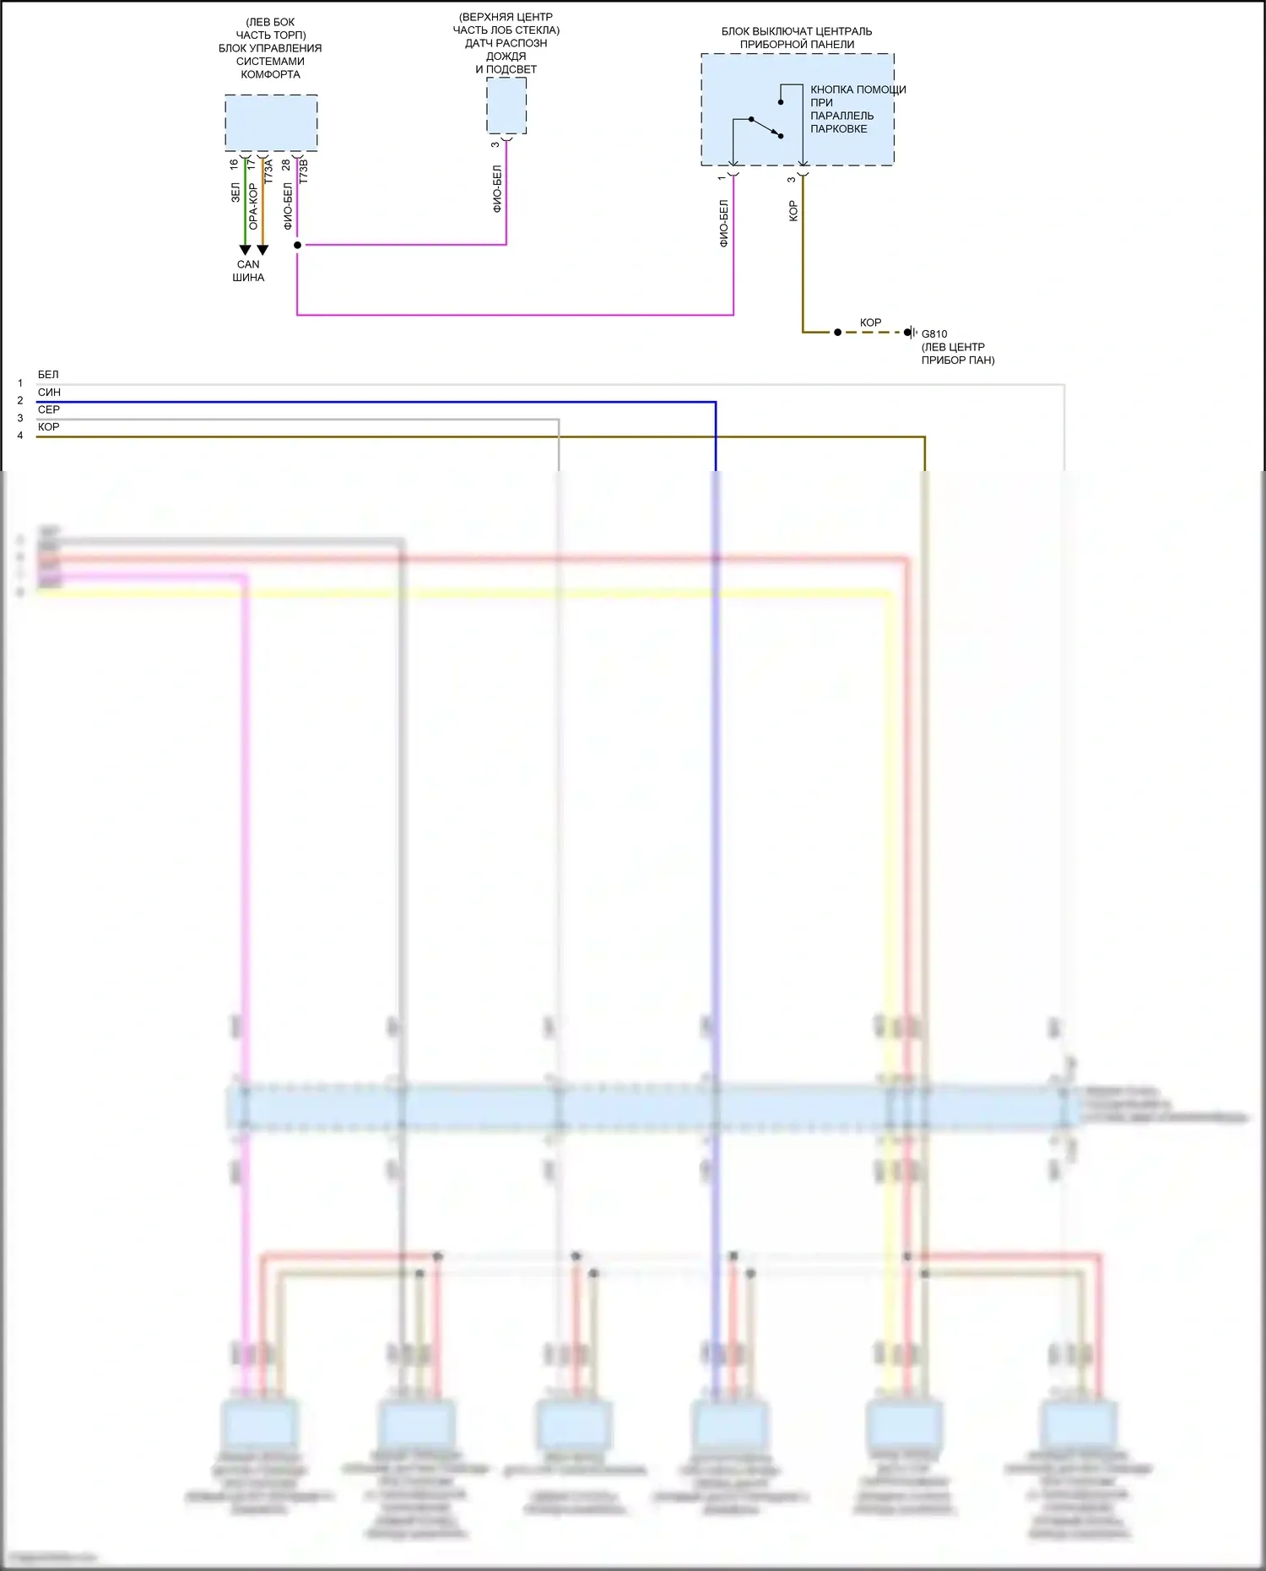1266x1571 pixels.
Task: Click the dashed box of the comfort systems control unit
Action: coord(271,123)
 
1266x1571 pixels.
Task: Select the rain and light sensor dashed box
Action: coord(506,106)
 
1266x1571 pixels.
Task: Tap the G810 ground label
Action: coord(934,333)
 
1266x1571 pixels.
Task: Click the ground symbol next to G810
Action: coord(911,333)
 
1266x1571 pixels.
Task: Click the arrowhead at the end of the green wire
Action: coord(245,250)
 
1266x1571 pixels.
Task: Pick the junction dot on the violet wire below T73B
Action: coord(297,245)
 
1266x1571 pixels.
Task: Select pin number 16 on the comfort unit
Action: coord(234,164)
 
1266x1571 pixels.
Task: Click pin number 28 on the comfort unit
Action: coord(286,164)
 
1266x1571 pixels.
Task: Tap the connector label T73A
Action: coord(268,172)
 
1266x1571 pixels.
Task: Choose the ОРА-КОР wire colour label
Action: coord(253,207)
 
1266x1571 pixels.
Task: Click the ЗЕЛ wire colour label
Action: coord(235,193)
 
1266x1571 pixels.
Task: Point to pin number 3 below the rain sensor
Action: coord(495,144)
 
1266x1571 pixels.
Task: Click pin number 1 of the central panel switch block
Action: coord(722,177)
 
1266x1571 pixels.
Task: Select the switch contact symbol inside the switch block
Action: coord(766,127)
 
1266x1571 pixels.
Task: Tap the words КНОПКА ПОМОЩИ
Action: coord(858,89)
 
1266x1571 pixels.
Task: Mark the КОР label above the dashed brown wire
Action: coord(870,322)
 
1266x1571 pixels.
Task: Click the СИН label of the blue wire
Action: coord(49,393)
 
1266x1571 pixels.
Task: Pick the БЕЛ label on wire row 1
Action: coord(48,375)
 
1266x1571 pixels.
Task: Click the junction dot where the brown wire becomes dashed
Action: coord(837,333)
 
